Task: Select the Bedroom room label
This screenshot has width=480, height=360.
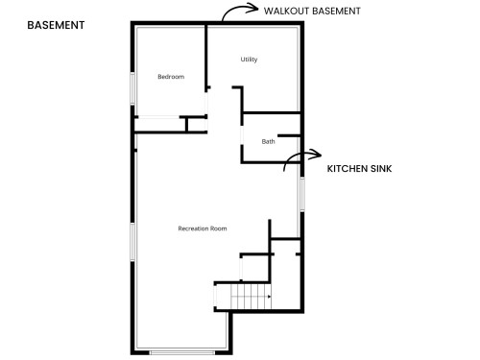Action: click(171, 77)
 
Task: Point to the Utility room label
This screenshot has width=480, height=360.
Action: click(249, 60)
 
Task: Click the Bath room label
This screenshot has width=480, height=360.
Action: click(269, 142)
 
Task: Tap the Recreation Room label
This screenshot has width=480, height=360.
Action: click(203, 228)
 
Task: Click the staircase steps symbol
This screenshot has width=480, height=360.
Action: click(251, 298)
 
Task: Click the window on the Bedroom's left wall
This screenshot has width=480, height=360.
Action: click(132, 88)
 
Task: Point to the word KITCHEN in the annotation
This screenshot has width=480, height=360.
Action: click(347, 168)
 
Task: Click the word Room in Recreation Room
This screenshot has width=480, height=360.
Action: click(218, 228)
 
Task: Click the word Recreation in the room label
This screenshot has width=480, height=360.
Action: click(193, 228)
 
